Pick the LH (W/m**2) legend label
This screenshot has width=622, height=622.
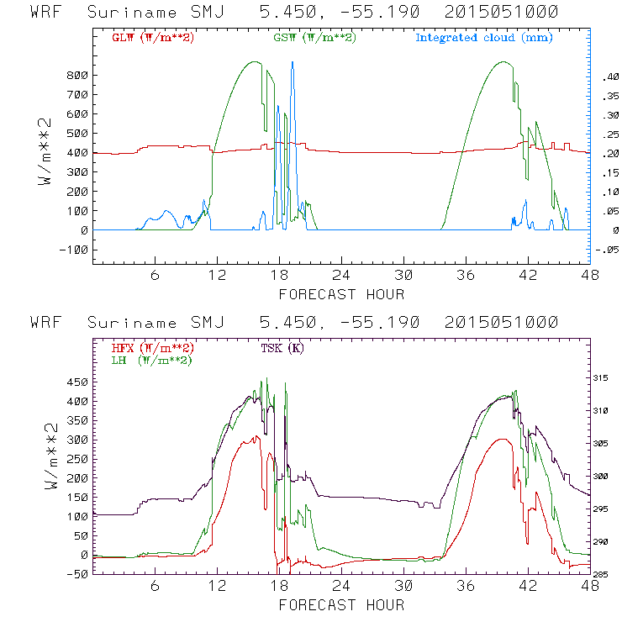click(152, 360)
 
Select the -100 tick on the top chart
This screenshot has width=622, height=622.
click(74, 250)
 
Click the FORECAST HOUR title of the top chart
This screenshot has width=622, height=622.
click(341, 294)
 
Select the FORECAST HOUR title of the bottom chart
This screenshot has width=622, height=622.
click(341, 605)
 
